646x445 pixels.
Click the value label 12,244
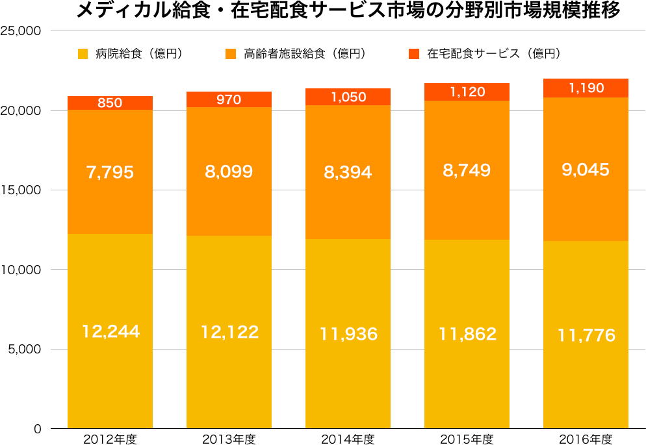pos(110,331)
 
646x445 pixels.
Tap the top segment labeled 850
pos(110,103)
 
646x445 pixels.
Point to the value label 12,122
pos(229,332)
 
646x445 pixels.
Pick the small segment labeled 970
pos(229,99)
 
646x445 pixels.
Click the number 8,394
pos(348,172)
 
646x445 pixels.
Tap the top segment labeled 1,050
pos(348,97)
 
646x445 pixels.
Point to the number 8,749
pos(467,170)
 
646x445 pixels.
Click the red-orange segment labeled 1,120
pos(467,92)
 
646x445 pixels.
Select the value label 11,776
pos(586,335)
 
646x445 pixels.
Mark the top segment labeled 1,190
pos(586,88)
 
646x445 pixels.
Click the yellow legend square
pos(83,54)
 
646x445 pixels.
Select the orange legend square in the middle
pos(231,54)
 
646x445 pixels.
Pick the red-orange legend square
pos(414,54)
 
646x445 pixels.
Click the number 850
pos(110,103)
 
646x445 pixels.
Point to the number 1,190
pos(586,88)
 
